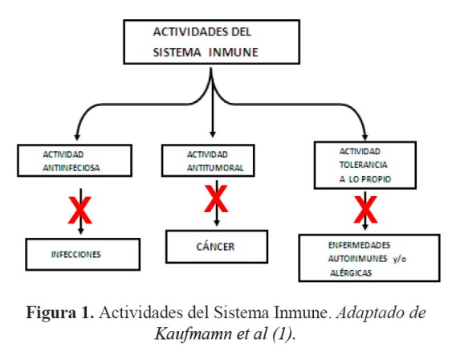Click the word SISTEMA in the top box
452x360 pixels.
click(x=177, y=52)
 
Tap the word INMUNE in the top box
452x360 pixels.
click(x=234, y=52)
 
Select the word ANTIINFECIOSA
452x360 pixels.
click(x=71, y=168)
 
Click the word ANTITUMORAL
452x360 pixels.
click(x=215, y=168)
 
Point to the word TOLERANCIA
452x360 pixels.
click(x=363, y=165)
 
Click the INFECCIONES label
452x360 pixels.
click(x=76, y=255)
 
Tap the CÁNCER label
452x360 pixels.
click(x=216, y=247)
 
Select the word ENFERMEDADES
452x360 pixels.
click(x=359, y=245)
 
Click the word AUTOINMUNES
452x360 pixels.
click(x=357, y=259)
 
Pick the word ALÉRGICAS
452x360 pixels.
click(x=351, y=273)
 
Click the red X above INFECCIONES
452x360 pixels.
click(x=80, y=211)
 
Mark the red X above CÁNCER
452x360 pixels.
click(x=216, y=198)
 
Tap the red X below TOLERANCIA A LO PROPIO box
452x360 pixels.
click(x=365, y=210)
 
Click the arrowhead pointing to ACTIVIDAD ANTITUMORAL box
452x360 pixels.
click(x=213, y=134)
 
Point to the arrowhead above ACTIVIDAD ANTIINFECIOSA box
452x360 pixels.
click(x=77, y=137)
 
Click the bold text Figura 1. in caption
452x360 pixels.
click(x=60, y=313)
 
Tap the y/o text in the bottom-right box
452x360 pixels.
click(x=400, y=259)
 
